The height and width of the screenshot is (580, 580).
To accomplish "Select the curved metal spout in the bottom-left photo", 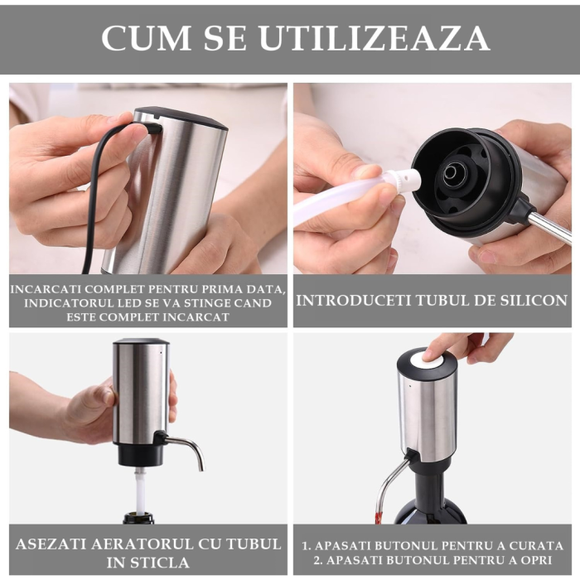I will click(187, 447).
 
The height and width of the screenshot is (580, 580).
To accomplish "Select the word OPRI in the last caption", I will click(542, 559).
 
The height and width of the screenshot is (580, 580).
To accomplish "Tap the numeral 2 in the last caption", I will click(305, 559).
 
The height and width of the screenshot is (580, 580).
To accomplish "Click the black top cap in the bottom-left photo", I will click(141, 341).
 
